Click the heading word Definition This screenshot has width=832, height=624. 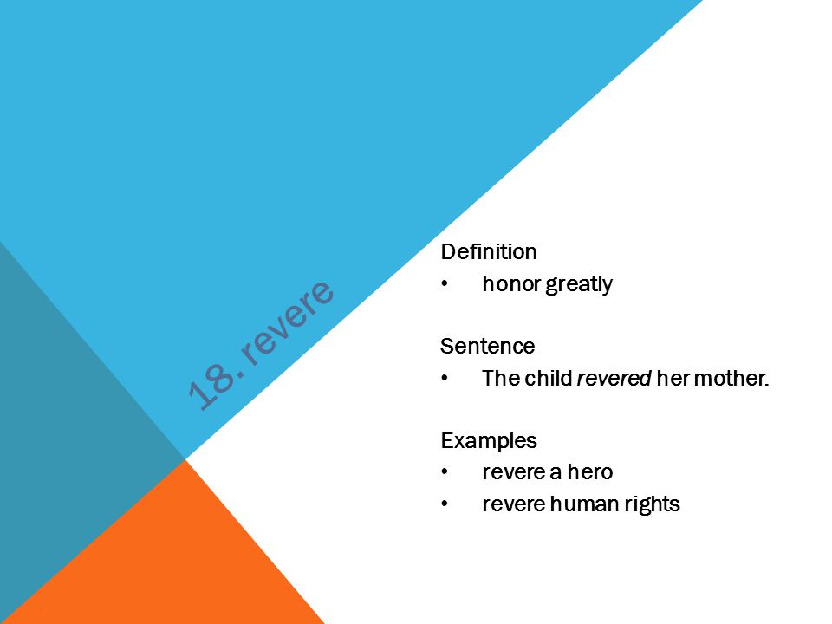[x=488, y=251]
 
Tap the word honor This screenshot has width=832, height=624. [x=511, y=283]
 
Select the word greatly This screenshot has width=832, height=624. [x=579, y=284]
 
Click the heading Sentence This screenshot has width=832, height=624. [x=487, y=346]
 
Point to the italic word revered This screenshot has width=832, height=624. [x=614, y=379]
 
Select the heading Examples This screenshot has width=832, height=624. [x=489, y=441]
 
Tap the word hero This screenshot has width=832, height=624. [x=590, y=471]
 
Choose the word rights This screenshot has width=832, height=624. [x=652, y=504]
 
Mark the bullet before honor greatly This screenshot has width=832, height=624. [x=445, y=284]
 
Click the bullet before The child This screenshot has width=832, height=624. [x=445, y=379]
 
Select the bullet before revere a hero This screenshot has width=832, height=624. [x=445, y=471]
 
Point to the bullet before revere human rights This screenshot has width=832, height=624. [x=445, y=504]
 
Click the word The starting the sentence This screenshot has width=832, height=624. [x=501, y=379]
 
